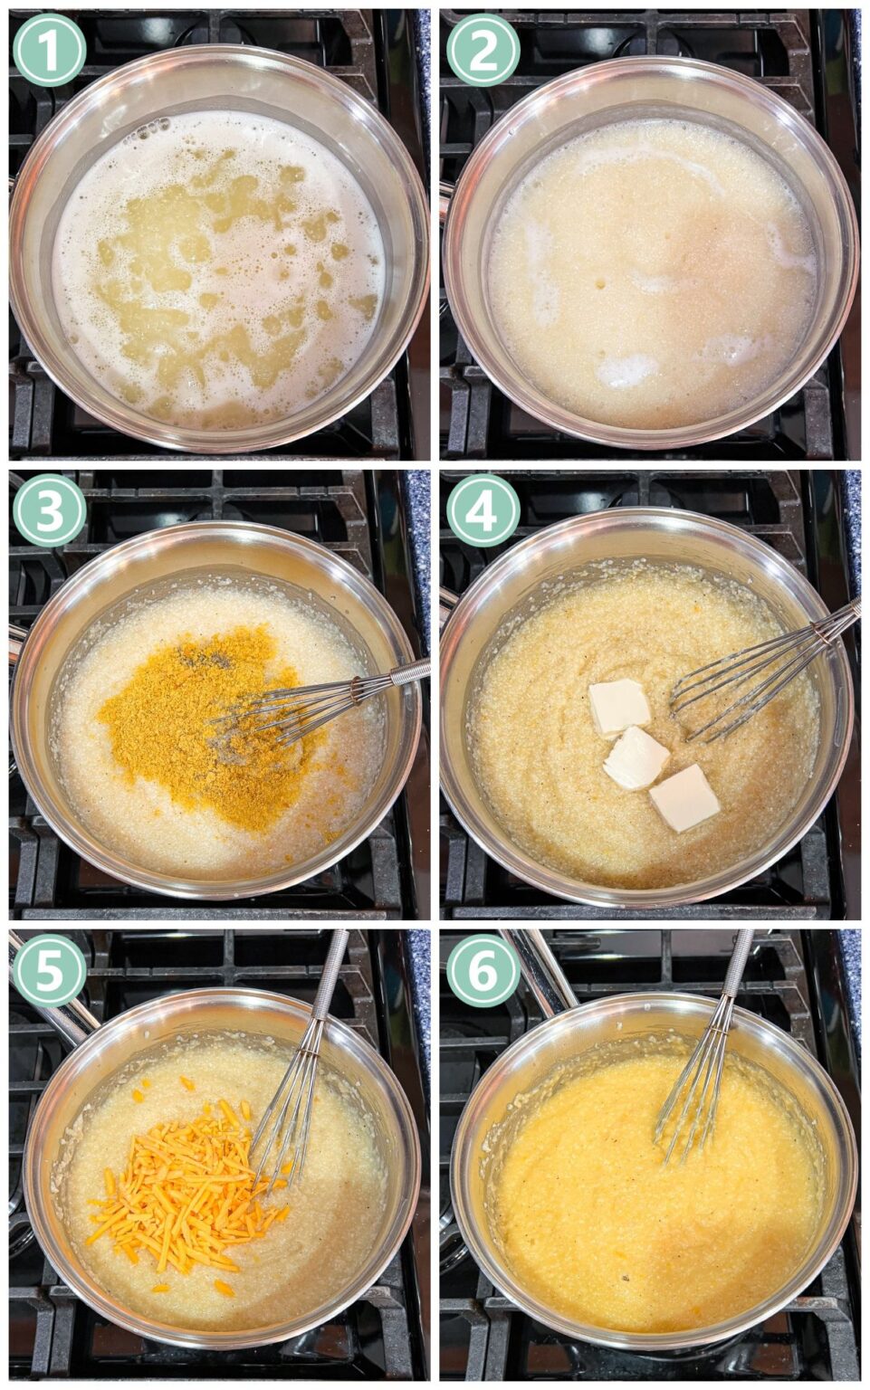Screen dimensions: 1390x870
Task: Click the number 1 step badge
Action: (49, 49)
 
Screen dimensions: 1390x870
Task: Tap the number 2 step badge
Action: (483, 50)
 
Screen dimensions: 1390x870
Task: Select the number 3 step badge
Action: (49, 509)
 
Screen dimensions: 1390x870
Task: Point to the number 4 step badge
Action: (483, 509)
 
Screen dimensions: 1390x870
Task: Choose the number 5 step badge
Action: (49, 970)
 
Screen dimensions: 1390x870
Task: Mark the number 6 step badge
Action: (483, 970)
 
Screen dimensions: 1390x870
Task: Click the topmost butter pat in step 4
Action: (619, 705)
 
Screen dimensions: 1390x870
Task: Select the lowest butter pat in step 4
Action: (684, 797)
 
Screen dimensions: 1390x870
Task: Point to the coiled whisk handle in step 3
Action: (398, 675)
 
